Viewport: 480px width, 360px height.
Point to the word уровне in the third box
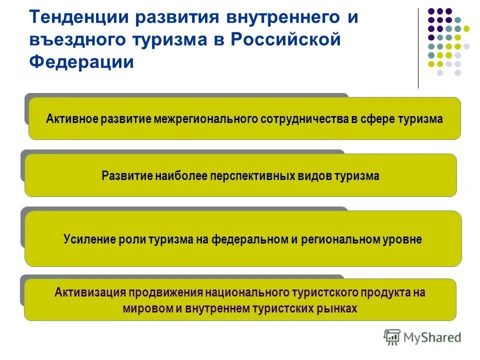pyautogui.click(x=403, y=239)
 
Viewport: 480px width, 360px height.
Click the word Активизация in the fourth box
pyautogui.click(x=88, y=292)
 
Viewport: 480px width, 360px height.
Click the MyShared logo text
pyautogui.click(x=433, y=337)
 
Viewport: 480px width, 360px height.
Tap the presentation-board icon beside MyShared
pyautogui.click(x=392, y=337)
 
